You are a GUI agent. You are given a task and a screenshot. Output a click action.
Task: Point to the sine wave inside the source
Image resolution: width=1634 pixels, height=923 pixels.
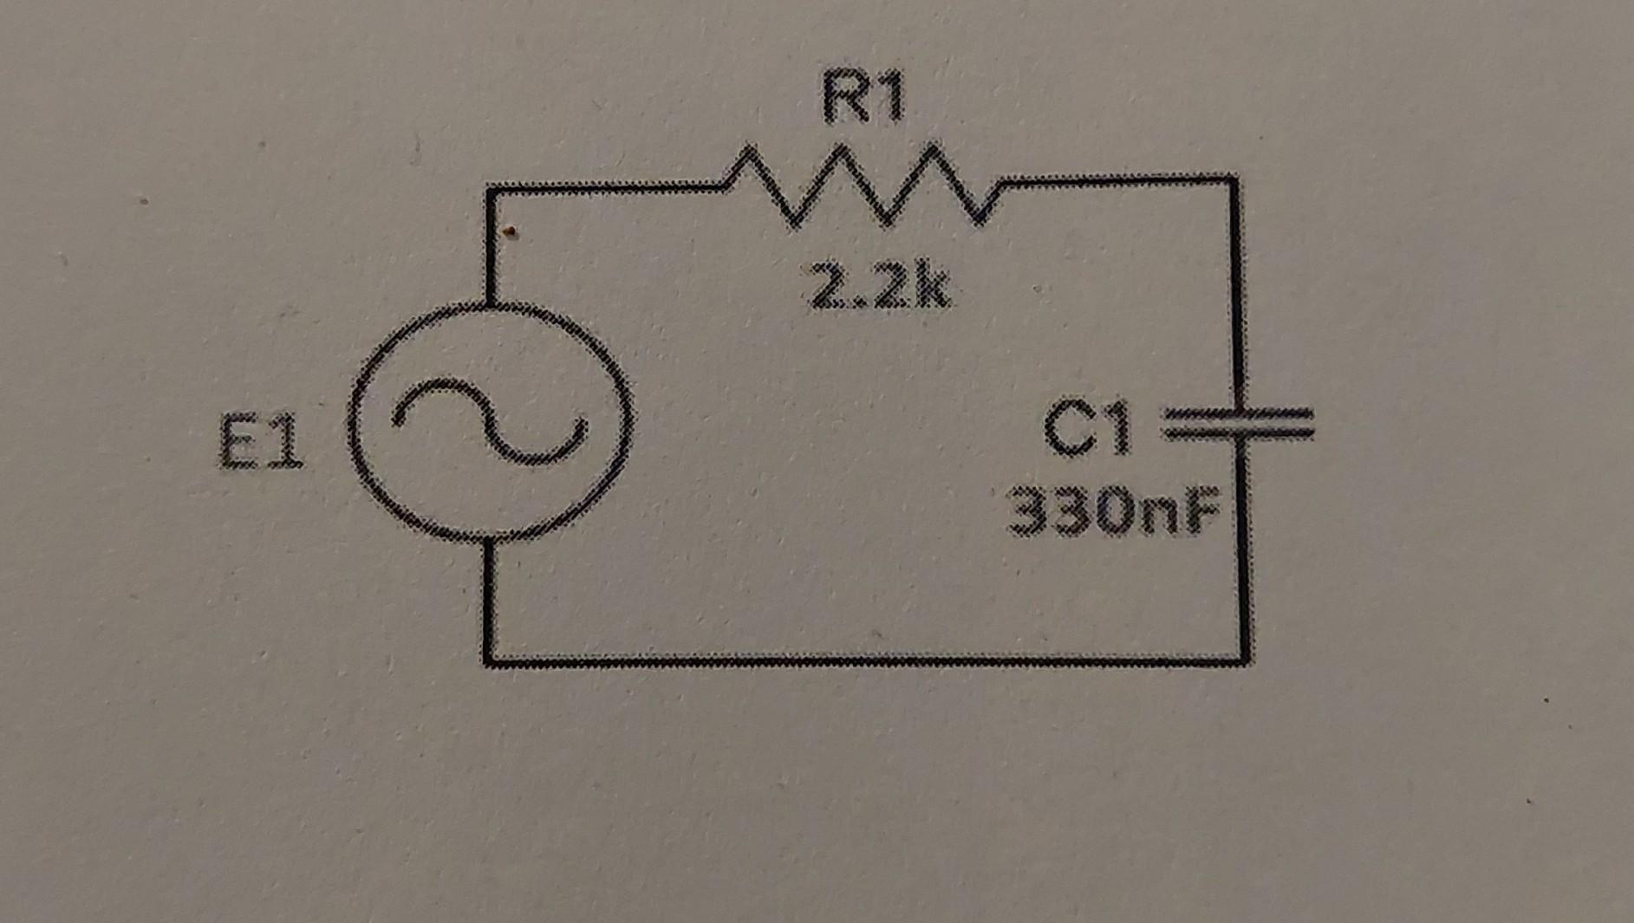[x=488, y=420]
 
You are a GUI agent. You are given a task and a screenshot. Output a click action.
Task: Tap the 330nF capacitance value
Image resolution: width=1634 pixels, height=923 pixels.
[x=1113, y=511]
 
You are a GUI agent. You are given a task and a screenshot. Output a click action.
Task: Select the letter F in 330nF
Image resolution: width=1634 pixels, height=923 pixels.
[x=1201, y=511]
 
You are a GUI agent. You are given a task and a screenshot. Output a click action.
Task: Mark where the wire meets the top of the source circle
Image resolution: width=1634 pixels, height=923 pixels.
[x=490, y=303]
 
